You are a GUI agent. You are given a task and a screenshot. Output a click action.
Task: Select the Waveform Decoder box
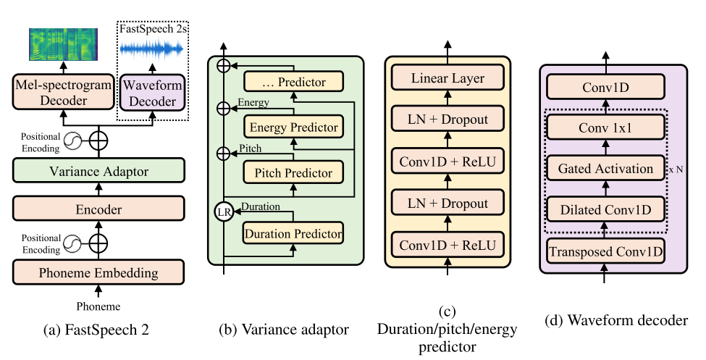click(152, 93)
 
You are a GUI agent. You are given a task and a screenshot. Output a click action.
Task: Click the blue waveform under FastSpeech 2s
click(152, 48)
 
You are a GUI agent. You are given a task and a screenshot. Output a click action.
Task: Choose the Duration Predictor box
click(292, 234)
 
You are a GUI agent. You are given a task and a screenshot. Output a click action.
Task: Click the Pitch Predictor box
click(292, 173)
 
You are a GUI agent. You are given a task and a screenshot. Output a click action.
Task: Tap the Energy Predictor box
click(292, 127)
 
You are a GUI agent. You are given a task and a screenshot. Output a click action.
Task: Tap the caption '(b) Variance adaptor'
click(284, 330)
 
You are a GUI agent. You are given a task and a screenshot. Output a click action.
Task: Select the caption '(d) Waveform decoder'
click(615, 319)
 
